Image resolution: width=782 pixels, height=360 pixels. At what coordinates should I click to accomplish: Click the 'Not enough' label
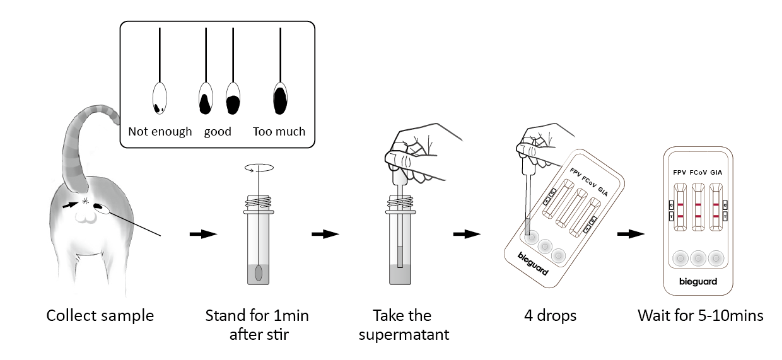(160, 132)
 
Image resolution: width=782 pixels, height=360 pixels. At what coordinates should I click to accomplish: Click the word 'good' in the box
(218, 132)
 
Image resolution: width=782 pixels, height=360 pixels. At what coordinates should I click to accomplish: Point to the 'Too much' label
(279, 132)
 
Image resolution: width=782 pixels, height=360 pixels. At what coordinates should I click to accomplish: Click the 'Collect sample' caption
(100, 315)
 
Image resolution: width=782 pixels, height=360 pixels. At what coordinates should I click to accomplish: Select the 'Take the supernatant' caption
(404, 324)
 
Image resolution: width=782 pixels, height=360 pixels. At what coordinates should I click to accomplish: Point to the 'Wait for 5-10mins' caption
(700, 315)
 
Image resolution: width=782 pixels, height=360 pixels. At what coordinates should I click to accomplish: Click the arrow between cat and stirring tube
(203, 234)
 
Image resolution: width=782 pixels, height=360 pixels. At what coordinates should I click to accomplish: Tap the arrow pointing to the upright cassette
(631, 234)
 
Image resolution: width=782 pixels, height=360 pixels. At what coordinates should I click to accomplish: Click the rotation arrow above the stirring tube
(259, 168)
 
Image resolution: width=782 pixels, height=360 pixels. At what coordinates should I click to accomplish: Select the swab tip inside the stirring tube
(259, 272)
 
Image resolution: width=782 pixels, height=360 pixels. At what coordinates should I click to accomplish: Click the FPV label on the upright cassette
(680, 172)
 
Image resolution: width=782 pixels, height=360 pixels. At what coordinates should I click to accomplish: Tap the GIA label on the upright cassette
(716, 172)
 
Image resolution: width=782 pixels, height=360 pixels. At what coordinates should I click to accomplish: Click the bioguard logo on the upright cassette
(697, 282)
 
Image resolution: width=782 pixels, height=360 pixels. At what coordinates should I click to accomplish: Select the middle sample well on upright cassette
(697, 257)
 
